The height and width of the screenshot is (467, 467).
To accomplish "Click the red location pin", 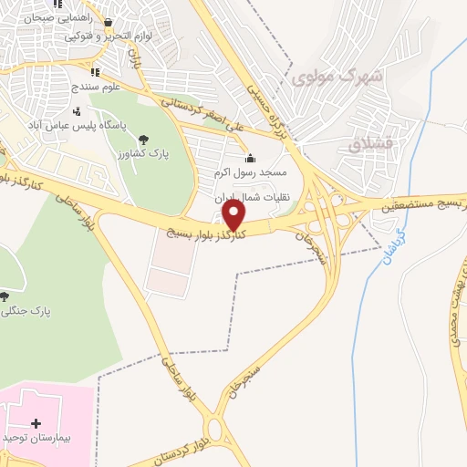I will point(234,214).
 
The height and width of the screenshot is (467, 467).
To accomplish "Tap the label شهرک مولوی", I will point(336,78).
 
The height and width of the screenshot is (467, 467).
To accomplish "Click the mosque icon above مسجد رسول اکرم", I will point(250,158).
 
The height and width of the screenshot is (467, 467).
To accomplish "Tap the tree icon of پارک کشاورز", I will point(144,139).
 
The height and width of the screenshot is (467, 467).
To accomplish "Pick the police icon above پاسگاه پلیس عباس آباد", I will point(101,111).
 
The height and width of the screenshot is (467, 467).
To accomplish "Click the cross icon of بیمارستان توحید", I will point(36,423).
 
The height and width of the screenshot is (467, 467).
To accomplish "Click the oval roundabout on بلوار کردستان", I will point(217,430).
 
